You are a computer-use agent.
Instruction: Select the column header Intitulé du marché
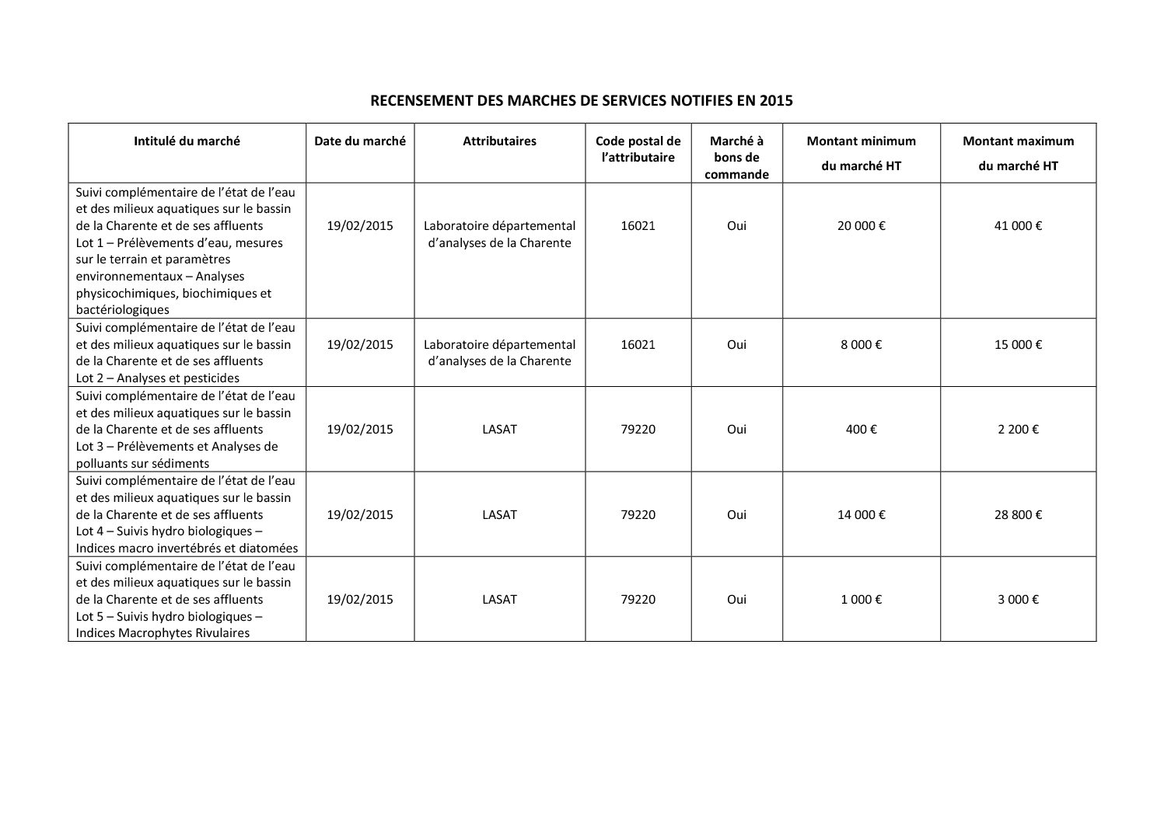coord(187,141)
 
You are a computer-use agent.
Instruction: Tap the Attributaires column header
coord(499,141)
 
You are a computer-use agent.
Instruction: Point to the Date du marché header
coord(360,141)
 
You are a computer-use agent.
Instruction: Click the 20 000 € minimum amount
coord(861,226)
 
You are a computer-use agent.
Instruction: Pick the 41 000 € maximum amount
coord(1018,226)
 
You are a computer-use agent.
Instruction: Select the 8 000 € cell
coord(861,345)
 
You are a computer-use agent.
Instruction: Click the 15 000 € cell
coord(1018,345)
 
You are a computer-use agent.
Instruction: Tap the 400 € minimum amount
coord(861,430)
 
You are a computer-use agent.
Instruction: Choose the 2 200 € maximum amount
coord(1018,430)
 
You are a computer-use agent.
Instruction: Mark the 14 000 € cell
coord(861,515)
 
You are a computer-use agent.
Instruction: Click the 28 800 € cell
coord(1018,515)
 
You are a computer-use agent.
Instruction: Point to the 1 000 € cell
coord(861,600)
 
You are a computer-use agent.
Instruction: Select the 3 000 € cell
coord(1018,600)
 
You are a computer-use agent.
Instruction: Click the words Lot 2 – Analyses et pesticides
coord(158,378)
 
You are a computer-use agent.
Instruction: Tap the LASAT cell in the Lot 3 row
coord(499,430)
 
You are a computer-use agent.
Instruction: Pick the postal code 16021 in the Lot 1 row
coord(638,226)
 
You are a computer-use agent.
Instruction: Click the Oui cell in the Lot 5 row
coord(736,600)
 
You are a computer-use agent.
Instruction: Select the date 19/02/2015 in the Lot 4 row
coord(360,515)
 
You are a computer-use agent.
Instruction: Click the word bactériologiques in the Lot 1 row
coord(122,310)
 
